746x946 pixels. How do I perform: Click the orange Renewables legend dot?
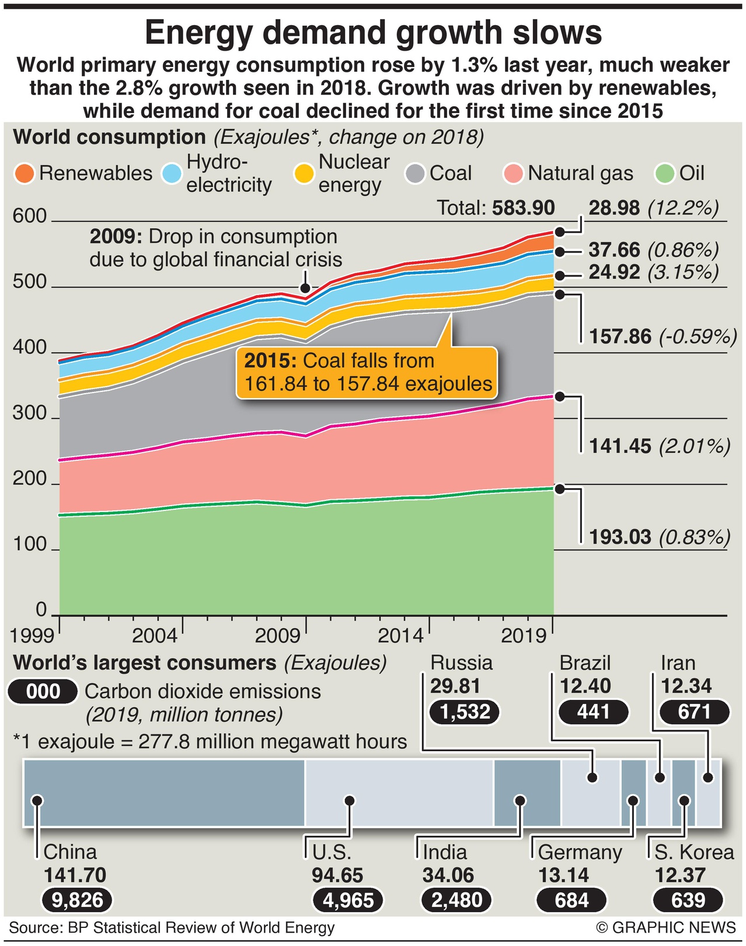tap(25, 174)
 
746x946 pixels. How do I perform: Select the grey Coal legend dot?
tap(415, 174)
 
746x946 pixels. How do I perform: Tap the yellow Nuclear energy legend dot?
tap(304, 174)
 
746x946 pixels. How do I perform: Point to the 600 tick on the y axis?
tap(29, 216)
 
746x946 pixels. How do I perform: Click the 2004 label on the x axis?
tap(154, 635)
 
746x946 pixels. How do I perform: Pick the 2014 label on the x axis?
tap(400, 635)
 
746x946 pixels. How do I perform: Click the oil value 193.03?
tap(619, 537)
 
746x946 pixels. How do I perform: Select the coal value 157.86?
tap(619, 337)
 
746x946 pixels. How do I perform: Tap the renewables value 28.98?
tap(614, 208)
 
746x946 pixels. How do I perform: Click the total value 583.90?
tap(523, 208)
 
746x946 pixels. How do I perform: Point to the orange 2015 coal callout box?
tap(367, 373)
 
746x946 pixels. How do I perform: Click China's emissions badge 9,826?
tap(76, 900)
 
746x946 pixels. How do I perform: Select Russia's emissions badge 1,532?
tap(465, 712)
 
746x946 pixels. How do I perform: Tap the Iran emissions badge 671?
tap(694, 712)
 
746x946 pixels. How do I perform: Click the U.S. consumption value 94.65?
tap(337, 875)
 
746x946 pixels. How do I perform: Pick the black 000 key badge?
tap(43, 692)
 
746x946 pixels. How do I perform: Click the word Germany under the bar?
tap(580, 853)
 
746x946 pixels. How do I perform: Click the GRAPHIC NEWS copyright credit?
tap(665, 928)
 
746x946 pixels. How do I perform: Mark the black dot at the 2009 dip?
tap(305, 288)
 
